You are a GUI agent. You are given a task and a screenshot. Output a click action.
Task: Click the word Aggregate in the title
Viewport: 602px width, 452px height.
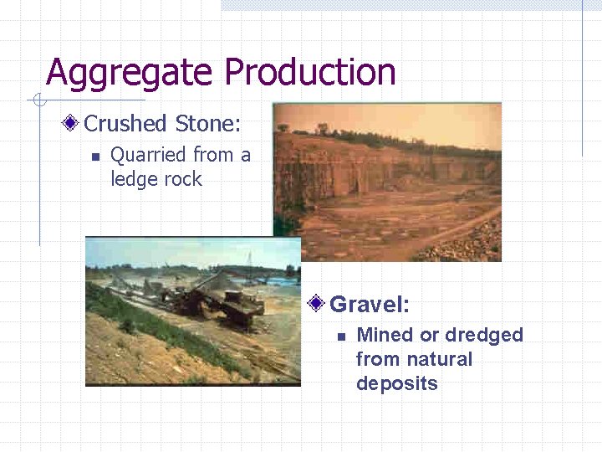coord(130,73)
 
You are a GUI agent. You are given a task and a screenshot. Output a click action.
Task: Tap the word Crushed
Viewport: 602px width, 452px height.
coord(126,124)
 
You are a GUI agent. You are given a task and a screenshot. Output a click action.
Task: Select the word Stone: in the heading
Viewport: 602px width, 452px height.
coord(208,124)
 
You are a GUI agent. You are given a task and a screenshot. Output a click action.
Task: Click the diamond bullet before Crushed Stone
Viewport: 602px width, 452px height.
coord(73,124)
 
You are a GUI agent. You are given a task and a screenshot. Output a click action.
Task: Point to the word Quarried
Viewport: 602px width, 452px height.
coord(148,155)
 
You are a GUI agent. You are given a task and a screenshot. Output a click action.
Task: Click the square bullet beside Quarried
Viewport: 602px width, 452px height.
coord(95,157)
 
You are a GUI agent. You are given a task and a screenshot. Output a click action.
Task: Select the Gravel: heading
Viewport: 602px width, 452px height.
coord(370,303)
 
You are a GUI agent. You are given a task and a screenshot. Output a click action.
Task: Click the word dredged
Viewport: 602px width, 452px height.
coord(484,335)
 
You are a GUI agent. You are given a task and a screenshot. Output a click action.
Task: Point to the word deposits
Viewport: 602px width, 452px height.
coord(396,383)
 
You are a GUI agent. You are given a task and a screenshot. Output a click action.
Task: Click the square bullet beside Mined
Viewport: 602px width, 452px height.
coord(341,336)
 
